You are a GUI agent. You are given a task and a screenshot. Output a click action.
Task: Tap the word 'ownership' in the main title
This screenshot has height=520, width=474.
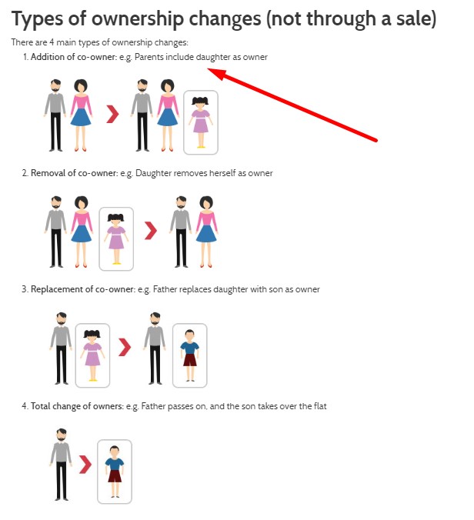coord(137,19)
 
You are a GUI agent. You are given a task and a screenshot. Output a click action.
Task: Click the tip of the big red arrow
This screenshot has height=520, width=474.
coord(208,68)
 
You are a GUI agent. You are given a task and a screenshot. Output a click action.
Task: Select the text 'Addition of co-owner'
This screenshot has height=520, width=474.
coord(74,57)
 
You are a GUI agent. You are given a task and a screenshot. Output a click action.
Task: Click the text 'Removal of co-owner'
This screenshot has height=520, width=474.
coord(74,173)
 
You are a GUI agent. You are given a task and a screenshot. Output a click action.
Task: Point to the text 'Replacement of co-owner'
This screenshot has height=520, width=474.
coord(83,289)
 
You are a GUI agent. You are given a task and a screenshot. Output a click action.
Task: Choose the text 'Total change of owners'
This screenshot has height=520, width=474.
coord(77,406)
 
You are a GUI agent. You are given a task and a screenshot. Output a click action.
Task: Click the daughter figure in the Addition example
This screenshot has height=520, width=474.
coord(200,122)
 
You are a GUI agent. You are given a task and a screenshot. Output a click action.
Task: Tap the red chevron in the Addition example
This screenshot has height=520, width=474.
coord(112,114)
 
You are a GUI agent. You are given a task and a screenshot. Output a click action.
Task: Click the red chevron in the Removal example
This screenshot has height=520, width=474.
coord(151,231)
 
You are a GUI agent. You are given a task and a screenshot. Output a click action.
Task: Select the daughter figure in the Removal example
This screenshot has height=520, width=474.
coord(116,238)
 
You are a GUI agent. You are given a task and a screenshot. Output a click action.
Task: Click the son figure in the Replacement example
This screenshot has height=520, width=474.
coord(190,355)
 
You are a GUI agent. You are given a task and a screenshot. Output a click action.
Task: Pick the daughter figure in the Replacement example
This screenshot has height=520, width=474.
coord(92,355)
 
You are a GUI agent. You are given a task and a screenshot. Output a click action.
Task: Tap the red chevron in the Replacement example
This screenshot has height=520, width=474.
coord(125,347)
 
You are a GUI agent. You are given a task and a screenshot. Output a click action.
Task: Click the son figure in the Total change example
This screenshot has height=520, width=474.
coord(115,472)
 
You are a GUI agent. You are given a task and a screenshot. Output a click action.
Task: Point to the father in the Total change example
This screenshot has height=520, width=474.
coord(61,465)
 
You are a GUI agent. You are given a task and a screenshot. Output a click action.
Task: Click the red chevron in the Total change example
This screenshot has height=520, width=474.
coord(85,465)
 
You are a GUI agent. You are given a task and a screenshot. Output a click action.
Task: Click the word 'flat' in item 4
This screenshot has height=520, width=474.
coord(320,406)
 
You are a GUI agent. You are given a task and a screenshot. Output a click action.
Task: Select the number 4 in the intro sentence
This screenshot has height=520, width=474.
coord(52,42)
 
